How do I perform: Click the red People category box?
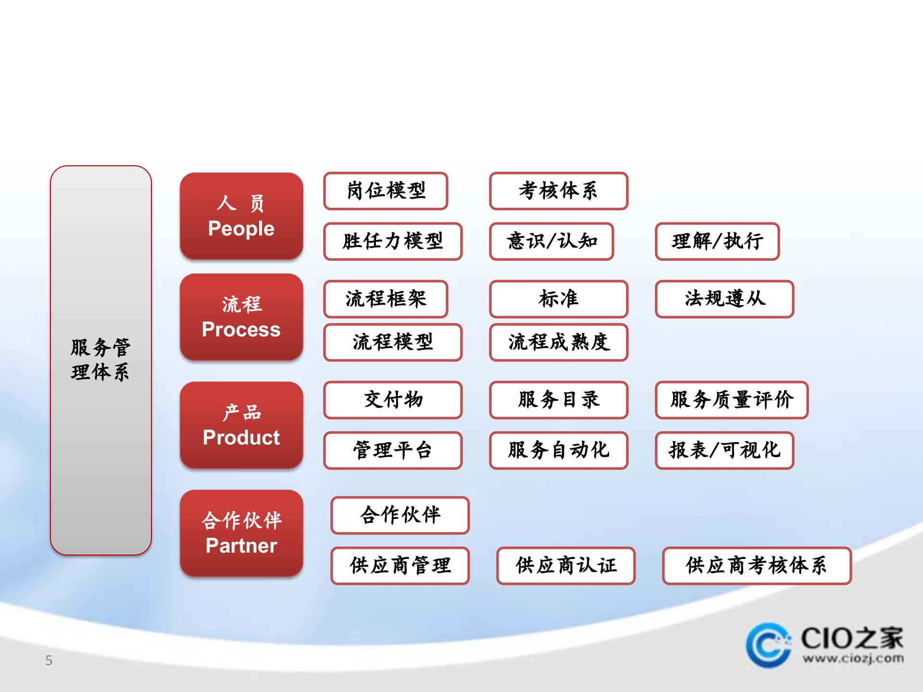point(241,216)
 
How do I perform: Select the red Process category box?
point(241,317)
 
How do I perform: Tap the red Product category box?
point(241,425)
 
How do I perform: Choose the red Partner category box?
point(241,533)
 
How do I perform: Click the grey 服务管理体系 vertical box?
point(101,360)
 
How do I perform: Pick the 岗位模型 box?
point(386,191)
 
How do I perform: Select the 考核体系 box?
point(559,191)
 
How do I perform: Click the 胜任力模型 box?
point(393,241)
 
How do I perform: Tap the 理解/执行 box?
point(717,241)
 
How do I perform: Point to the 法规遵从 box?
point(724,299)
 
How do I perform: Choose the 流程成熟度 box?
point(559,342)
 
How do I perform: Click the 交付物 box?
point(393,400)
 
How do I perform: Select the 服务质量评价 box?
point(732,400)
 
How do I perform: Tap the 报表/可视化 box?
point(724,450)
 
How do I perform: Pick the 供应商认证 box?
point(566,566)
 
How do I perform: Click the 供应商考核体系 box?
point(757,566)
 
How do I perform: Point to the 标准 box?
point(559,299)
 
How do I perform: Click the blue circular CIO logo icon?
point(768,645)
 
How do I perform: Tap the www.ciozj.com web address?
point(853,658)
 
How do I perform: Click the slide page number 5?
point(49,660)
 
